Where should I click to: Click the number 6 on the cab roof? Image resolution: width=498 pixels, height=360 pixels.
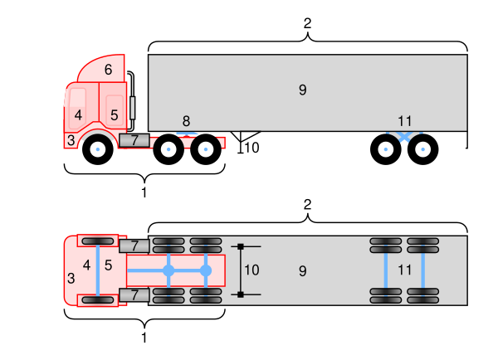tap(108, 71)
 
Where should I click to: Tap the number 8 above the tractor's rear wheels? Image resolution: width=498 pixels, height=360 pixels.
tap(186, 121)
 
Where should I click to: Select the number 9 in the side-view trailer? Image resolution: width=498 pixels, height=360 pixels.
tap(302, 90)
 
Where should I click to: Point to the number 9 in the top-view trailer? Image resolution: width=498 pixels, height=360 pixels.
tap(302, 270)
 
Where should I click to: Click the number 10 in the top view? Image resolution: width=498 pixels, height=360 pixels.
tap(251, 270)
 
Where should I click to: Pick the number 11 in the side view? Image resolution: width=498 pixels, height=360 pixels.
tap(405, 121)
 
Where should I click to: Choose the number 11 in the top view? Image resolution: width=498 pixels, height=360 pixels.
tap(404, 270)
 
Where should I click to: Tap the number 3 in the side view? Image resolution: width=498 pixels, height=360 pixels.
tap(71, 141)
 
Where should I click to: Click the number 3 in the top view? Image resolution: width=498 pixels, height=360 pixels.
tap(71, 276)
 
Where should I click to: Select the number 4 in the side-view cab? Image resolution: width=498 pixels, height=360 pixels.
tap(78, 114)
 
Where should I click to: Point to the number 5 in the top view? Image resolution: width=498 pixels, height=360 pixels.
tap(108, 265)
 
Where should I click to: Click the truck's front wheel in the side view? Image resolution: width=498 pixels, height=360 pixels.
tap(98, 149)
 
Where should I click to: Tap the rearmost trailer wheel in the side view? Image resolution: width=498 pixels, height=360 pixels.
tap(423, 149)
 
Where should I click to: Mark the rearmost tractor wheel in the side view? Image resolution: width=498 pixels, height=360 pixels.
tap(206, 149)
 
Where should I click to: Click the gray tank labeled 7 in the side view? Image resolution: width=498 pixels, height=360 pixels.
tap(134, 140)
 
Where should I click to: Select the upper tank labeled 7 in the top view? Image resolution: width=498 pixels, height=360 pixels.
tap(134, 246)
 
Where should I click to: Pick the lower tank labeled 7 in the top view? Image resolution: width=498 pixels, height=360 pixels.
tap(134, 294)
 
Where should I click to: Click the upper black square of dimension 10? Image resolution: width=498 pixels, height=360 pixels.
tap(241, 246)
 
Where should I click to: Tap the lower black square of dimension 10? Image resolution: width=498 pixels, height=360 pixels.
tap(241, 294)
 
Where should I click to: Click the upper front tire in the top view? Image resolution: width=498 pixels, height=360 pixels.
tap(98, 241)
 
